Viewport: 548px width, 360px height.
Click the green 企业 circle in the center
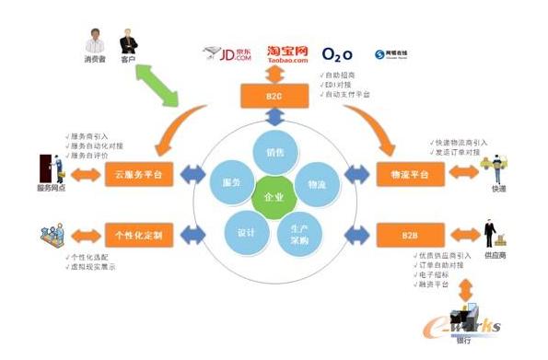pyautogui.click(x=274, y=197)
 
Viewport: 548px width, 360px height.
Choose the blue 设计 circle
pyautogui.click(x=246, y=232)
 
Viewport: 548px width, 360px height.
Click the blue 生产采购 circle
pyautogui.click(x=299, y=234)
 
